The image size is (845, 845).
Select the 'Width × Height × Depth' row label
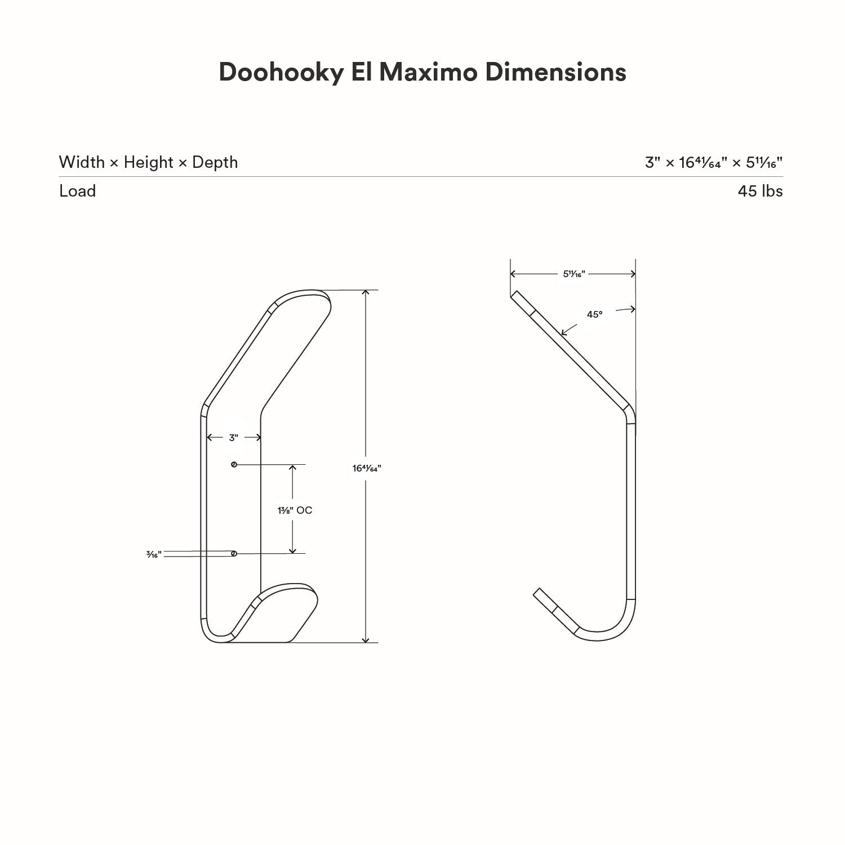pyautogui.click(x=148, y=162)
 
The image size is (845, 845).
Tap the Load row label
pyautogui.click(x=77, y=191)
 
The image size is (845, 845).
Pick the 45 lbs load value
pyautogui.click(x=760, y=191)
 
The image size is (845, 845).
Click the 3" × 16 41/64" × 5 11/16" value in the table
pyautogui.click(x=714, y=163)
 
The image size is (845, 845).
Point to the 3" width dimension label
pyautogui.click(x=234, y=438)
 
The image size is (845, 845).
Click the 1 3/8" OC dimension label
pyautogui.click(x=294, y=510)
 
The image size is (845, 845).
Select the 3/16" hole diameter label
pyautogui.click(x=154, y=555)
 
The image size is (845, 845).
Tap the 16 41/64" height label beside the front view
pyautogui.click(x=367, y=468)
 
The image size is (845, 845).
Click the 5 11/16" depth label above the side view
pyautogui.click(x=574, y=274)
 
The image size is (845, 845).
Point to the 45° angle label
pyautogui.click(x=594, y=314)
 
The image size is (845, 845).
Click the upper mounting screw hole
pyautogui.click(x=234, y=465)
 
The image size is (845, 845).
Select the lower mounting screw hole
pyautogui.click(x=234, y=554)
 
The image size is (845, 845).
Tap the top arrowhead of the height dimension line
pyautogui.click(x=366, y=293)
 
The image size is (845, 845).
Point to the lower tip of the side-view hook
pyautogui.click(x=537, y=592)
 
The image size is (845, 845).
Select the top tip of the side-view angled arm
pyautogui.click(x=514, y=294)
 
